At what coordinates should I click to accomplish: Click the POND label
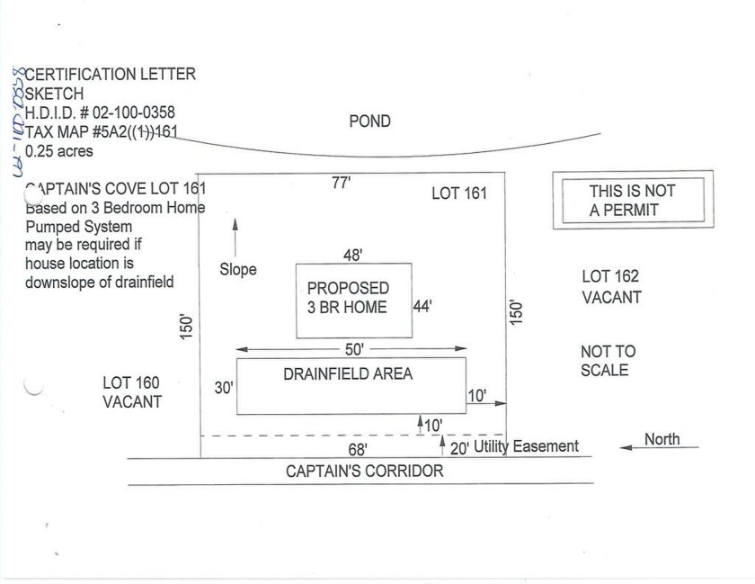pos(369,121)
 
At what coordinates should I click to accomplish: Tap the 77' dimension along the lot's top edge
pos(341,183)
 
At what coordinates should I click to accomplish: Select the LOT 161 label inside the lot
pos(459,193)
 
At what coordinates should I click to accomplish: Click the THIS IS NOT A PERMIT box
pos(633,200)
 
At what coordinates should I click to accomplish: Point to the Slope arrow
pos(235,238)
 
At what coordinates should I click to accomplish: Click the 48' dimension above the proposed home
pos(352,255)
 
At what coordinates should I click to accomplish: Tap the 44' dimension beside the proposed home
pos(422,306)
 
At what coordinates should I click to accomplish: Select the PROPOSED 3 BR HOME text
pos(348,298)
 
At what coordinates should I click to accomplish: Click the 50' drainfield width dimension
pos(354,349)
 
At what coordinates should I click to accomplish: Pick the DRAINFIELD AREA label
pos(348,373)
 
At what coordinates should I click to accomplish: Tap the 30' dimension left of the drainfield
pos(224,387)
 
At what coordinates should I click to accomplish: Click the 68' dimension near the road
pos(358,449)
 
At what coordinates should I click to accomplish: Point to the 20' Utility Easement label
pos(514,447)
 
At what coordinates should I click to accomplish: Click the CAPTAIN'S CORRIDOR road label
pos(365,471)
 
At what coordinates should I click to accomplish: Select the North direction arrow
pos(659,447)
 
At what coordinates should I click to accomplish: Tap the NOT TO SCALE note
pos(608,360)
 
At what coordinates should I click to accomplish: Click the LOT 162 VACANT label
pos(611,286)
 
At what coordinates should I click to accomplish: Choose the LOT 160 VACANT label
pos(132,392)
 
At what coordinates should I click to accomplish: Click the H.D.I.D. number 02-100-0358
pos(133,112)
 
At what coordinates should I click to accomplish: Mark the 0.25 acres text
pos(58,151)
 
